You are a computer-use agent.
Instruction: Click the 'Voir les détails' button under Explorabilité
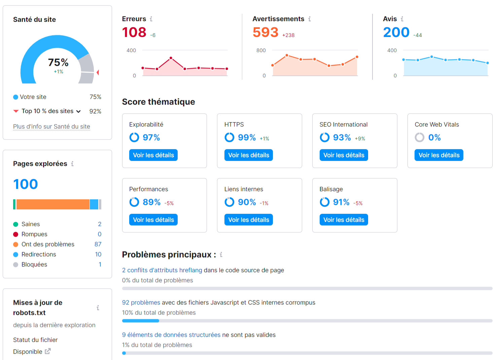(153, 155)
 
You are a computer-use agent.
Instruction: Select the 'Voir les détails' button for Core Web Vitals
(439, 155)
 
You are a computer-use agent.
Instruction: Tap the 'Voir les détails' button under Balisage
(344, 220)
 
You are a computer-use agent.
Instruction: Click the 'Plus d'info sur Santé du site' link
(51, 127)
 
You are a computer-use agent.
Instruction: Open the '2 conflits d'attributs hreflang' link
(162, 270)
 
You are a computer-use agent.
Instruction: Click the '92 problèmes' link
(141, 302)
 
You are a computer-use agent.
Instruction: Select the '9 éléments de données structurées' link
(171, 335)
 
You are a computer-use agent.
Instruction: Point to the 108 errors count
(134, 32)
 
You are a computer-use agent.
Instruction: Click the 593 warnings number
(265, 32)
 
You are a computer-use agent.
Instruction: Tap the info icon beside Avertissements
(310, 19)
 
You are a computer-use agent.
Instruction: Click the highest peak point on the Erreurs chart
(171, 58)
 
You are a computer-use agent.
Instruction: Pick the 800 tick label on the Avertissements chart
(261, 51)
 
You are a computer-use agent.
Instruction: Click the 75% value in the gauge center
(58, 62)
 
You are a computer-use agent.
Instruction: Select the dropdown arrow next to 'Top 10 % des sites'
(78, 111)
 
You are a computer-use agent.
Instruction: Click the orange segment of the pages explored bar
(53, 204)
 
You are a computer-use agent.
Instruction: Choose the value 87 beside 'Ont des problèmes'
(98, 244)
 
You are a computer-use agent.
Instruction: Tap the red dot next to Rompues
(15, 234)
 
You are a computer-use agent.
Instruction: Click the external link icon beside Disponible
(48, 351)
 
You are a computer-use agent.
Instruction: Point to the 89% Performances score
(151, 202)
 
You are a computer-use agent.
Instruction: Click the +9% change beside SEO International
(360, 138)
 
